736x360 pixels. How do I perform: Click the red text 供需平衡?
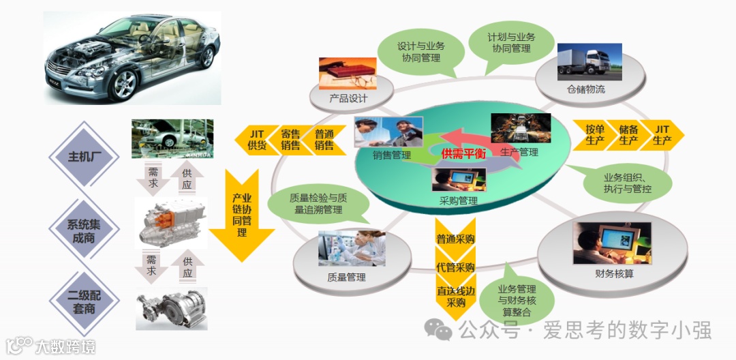463,154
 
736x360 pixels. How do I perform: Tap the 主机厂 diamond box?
85,157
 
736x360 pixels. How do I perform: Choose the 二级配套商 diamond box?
85,303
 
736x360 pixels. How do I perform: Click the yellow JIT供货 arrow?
254,139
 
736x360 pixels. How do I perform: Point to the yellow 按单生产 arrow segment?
594,135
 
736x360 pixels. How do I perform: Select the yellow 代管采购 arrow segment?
455,267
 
